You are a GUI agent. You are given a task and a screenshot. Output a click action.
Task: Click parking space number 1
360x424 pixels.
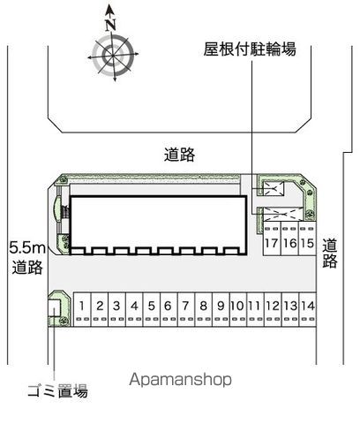point(82,309)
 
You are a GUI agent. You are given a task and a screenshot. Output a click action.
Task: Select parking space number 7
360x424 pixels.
point(186,309)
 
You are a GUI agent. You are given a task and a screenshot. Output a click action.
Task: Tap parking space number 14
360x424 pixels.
point(308,309)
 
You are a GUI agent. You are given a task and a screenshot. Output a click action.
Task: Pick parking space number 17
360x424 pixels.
point(272,238)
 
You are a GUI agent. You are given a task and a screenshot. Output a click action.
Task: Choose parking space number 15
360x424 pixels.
point(307,238)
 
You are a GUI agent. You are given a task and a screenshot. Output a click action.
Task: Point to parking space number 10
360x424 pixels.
point(238,309)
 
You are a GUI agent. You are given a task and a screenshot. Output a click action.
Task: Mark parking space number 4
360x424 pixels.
point(134,309)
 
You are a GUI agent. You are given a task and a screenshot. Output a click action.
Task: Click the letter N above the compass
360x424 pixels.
point(110,25)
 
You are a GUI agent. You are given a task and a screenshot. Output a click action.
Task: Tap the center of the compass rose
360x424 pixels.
point(113,55)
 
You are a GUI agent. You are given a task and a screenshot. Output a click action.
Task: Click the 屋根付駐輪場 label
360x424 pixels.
point(250,49)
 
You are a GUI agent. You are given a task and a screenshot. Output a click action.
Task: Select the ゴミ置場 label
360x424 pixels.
point(57,391)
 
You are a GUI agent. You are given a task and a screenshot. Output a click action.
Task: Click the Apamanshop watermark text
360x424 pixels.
point(180,379)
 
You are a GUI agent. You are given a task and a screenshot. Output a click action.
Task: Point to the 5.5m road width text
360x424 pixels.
point(27,248)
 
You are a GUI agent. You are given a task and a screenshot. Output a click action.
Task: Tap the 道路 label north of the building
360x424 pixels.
point(179,155)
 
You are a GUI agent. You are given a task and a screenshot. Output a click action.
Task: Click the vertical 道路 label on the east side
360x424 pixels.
point(330,254)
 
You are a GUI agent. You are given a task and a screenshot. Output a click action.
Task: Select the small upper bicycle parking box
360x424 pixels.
point(274,188)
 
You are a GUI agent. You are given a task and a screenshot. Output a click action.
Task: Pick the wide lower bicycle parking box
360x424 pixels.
point(282,214)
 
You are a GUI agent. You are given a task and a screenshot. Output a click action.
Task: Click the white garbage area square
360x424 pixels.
point(55,308)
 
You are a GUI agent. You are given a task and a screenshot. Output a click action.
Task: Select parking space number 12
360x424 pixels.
point(273,309)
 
